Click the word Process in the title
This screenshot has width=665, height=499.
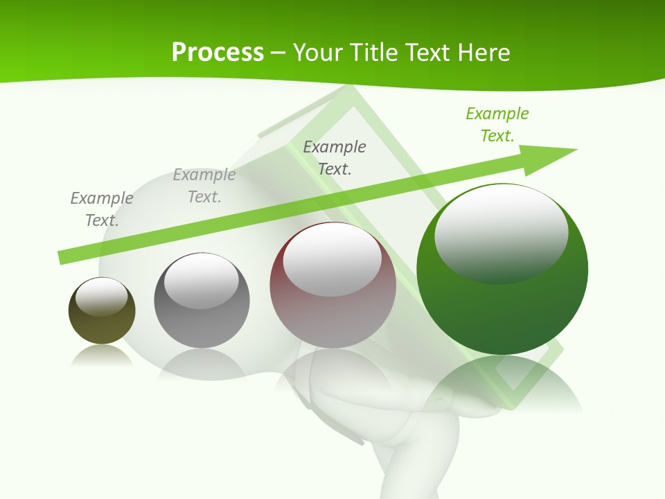(218, 52)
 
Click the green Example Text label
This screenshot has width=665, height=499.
(497, 125)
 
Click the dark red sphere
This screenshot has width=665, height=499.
(332, 312)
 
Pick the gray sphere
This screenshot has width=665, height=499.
(202, 319)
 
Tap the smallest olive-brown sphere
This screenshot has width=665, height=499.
(102, 326)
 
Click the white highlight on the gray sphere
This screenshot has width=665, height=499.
(202, 281)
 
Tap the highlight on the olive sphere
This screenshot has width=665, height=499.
(102, 297)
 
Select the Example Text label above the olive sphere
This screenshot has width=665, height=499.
(102, 209)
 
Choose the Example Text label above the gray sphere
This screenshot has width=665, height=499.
(204, 186)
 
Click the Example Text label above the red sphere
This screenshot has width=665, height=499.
(335, 157)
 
